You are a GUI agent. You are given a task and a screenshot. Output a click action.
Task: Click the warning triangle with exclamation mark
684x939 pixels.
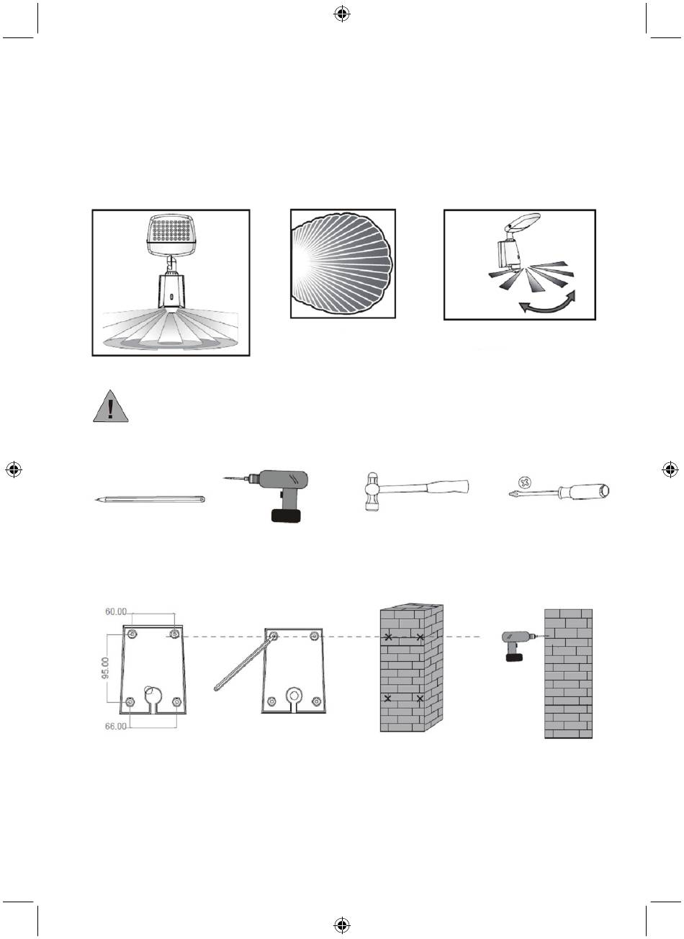(x=110, y=406)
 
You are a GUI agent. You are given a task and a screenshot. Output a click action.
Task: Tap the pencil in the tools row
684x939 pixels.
(x=150, y=499)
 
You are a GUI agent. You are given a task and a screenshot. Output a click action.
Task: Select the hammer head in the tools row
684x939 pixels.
(x=372, y=492)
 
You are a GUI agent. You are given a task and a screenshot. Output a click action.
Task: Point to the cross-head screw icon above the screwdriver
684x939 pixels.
(x=524, y=482)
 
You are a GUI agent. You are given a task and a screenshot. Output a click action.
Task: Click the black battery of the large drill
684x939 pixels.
(x=287, y=515)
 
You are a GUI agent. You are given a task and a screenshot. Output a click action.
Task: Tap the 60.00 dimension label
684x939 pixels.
(x=116, y=611)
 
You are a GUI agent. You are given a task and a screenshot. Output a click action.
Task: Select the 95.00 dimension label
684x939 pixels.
(x=106, y=668)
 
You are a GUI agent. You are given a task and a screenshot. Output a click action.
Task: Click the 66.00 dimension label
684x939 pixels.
(x=116, y=726)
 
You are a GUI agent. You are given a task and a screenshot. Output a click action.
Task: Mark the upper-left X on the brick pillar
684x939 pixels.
(x=389, y=637)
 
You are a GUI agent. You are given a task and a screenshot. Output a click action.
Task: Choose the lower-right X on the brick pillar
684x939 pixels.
(x=420, y=698)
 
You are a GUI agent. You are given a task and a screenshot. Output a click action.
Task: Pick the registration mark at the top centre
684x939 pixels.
(x=342, y=14)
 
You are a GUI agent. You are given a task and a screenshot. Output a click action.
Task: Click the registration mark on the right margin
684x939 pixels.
(x=670, y=469)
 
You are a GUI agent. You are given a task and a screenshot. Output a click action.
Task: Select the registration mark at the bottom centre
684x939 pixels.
(x=342, y=925)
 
